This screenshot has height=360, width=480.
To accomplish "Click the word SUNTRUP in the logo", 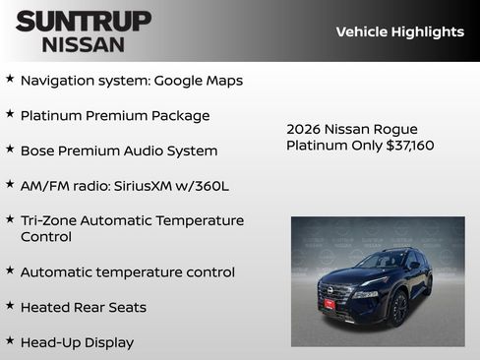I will tap(84, 21).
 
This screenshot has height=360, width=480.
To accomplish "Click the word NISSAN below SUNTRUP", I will tap(84, 44).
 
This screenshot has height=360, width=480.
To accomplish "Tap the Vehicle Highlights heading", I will tap(399, 31).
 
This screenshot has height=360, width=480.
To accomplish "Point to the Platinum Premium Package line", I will tap(115, 116).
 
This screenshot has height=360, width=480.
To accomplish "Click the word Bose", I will tap(37, 151).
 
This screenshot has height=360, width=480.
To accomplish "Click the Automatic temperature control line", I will tap(128, 272).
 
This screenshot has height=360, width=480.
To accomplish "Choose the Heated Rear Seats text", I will tap(84, 308).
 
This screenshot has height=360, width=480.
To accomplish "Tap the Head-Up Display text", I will tap(77, 343).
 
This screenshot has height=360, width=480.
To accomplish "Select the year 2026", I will tap(304, 130).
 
